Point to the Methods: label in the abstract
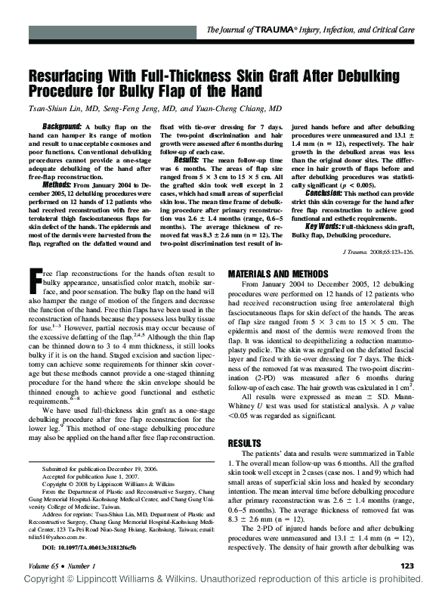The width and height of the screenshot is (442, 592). tap(57, 184)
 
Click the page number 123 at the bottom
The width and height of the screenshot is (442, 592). tap(407, 565)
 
